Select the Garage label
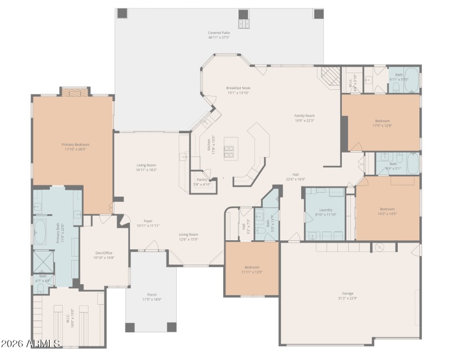point(347,296)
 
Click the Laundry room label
point(325,212)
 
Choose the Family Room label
point(304,118)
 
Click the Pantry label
point(202,181)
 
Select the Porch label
point(152,297)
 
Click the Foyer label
point(148,223)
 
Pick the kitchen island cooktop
point(230,150)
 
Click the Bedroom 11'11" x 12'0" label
point(252,270)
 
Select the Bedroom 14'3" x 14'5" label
point(387,211)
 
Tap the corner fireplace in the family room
point(330,76)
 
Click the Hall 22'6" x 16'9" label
point(295,177)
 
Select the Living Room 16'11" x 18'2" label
point(146,167)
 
